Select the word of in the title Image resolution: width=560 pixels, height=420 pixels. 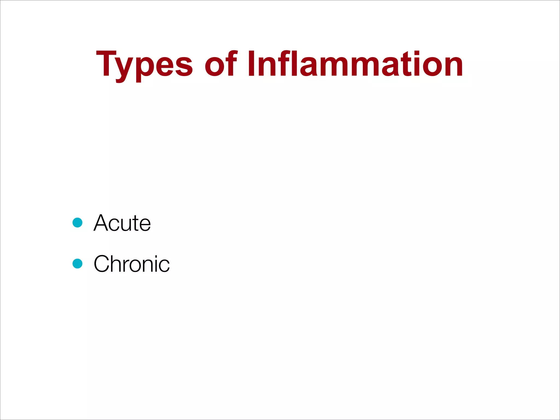coord(221,65)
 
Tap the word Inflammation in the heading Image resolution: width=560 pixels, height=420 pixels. coord(355,65)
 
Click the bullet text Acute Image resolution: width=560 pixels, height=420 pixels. coord(122,223)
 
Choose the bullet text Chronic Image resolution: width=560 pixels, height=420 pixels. coord(132,264)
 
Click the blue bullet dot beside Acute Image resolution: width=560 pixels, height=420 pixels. coord(77,223)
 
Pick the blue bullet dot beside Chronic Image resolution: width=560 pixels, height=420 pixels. coord(77,264)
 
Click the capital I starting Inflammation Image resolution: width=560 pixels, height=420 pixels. coord(252,63)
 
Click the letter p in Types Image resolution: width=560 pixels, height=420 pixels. coord(144,68)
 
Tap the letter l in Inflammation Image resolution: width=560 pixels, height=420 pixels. coord(294,63)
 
